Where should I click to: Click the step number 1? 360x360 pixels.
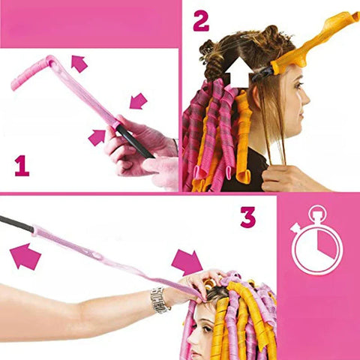click(x=22, y=164)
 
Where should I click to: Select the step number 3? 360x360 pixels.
click(x=247, y=217)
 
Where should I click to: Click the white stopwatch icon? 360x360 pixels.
click(x=317, y=244)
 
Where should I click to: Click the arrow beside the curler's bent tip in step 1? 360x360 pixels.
click(x=79, y=64)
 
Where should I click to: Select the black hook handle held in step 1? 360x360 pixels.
click(x=133, y=141)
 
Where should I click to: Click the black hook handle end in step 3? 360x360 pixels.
click(x=15, y=223)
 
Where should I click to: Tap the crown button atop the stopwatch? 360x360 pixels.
click(x=317, y=210)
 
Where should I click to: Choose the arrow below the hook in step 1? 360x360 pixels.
click(x=97, y=137)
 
